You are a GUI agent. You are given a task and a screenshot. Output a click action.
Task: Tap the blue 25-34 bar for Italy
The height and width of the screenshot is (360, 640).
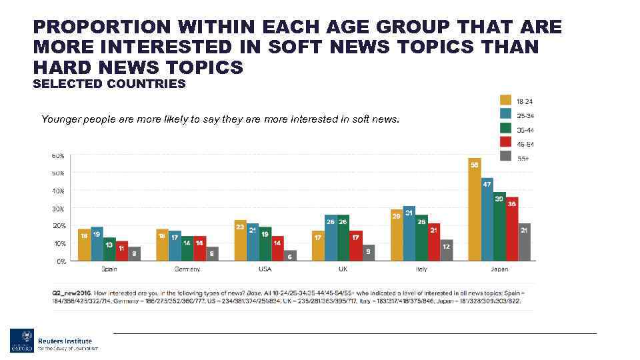click(x=409, y=233)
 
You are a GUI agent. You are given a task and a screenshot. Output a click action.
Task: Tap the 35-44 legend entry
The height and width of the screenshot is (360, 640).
click(x=525, y=130)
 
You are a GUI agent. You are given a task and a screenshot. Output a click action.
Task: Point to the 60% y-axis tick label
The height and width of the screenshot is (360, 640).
click(x=57, y=156)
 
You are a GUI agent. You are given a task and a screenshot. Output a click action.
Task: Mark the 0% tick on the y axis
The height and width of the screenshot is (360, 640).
click(x=60, y=262)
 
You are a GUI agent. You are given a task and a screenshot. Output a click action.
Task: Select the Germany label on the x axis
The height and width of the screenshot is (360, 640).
click(x=187, y=269)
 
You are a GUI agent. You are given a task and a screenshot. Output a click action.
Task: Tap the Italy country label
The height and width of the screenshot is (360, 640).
click(x=421, y=269)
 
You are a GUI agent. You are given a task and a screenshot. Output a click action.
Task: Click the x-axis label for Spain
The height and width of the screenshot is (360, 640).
click(x=109, y=269)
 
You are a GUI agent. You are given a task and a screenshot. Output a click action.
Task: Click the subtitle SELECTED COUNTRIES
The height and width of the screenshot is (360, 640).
click(x=109, y=84)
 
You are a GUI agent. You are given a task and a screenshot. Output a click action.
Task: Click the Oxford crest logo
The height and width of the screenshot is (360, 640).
click(x=22, y=340)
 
